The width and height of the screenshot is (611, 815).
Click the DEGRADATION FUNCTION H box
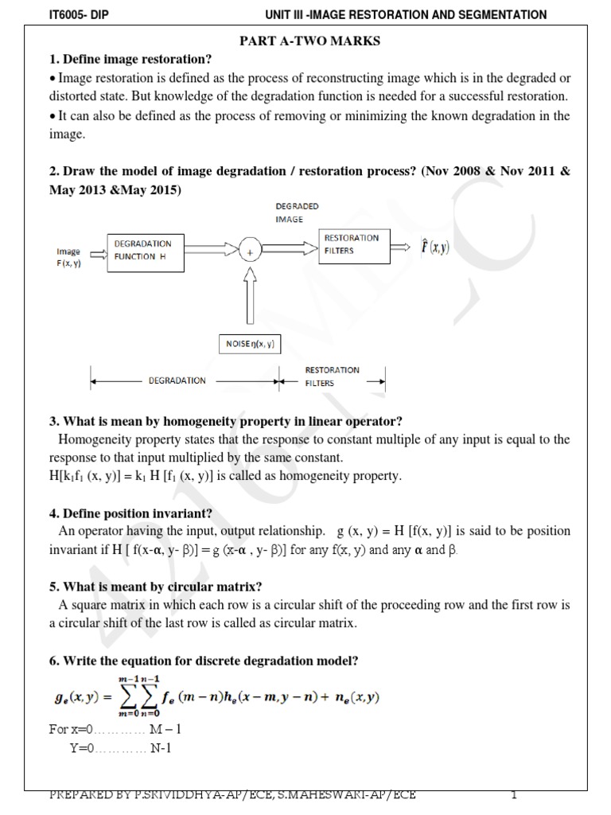click(144, 250)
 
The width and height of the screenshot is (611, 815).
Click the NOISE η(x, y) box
click(250, 344)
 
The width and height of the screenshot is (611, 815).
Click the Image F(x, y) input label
click(68, 257)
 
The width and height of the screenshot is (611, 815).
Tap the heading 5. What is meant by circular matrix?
click(156, 587)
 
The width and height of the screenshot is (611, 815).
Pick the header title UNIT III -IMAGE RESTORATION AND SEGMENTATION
click(405, 14)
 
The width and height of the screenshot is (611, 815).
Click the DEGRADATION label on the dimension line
click(177, 380)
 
